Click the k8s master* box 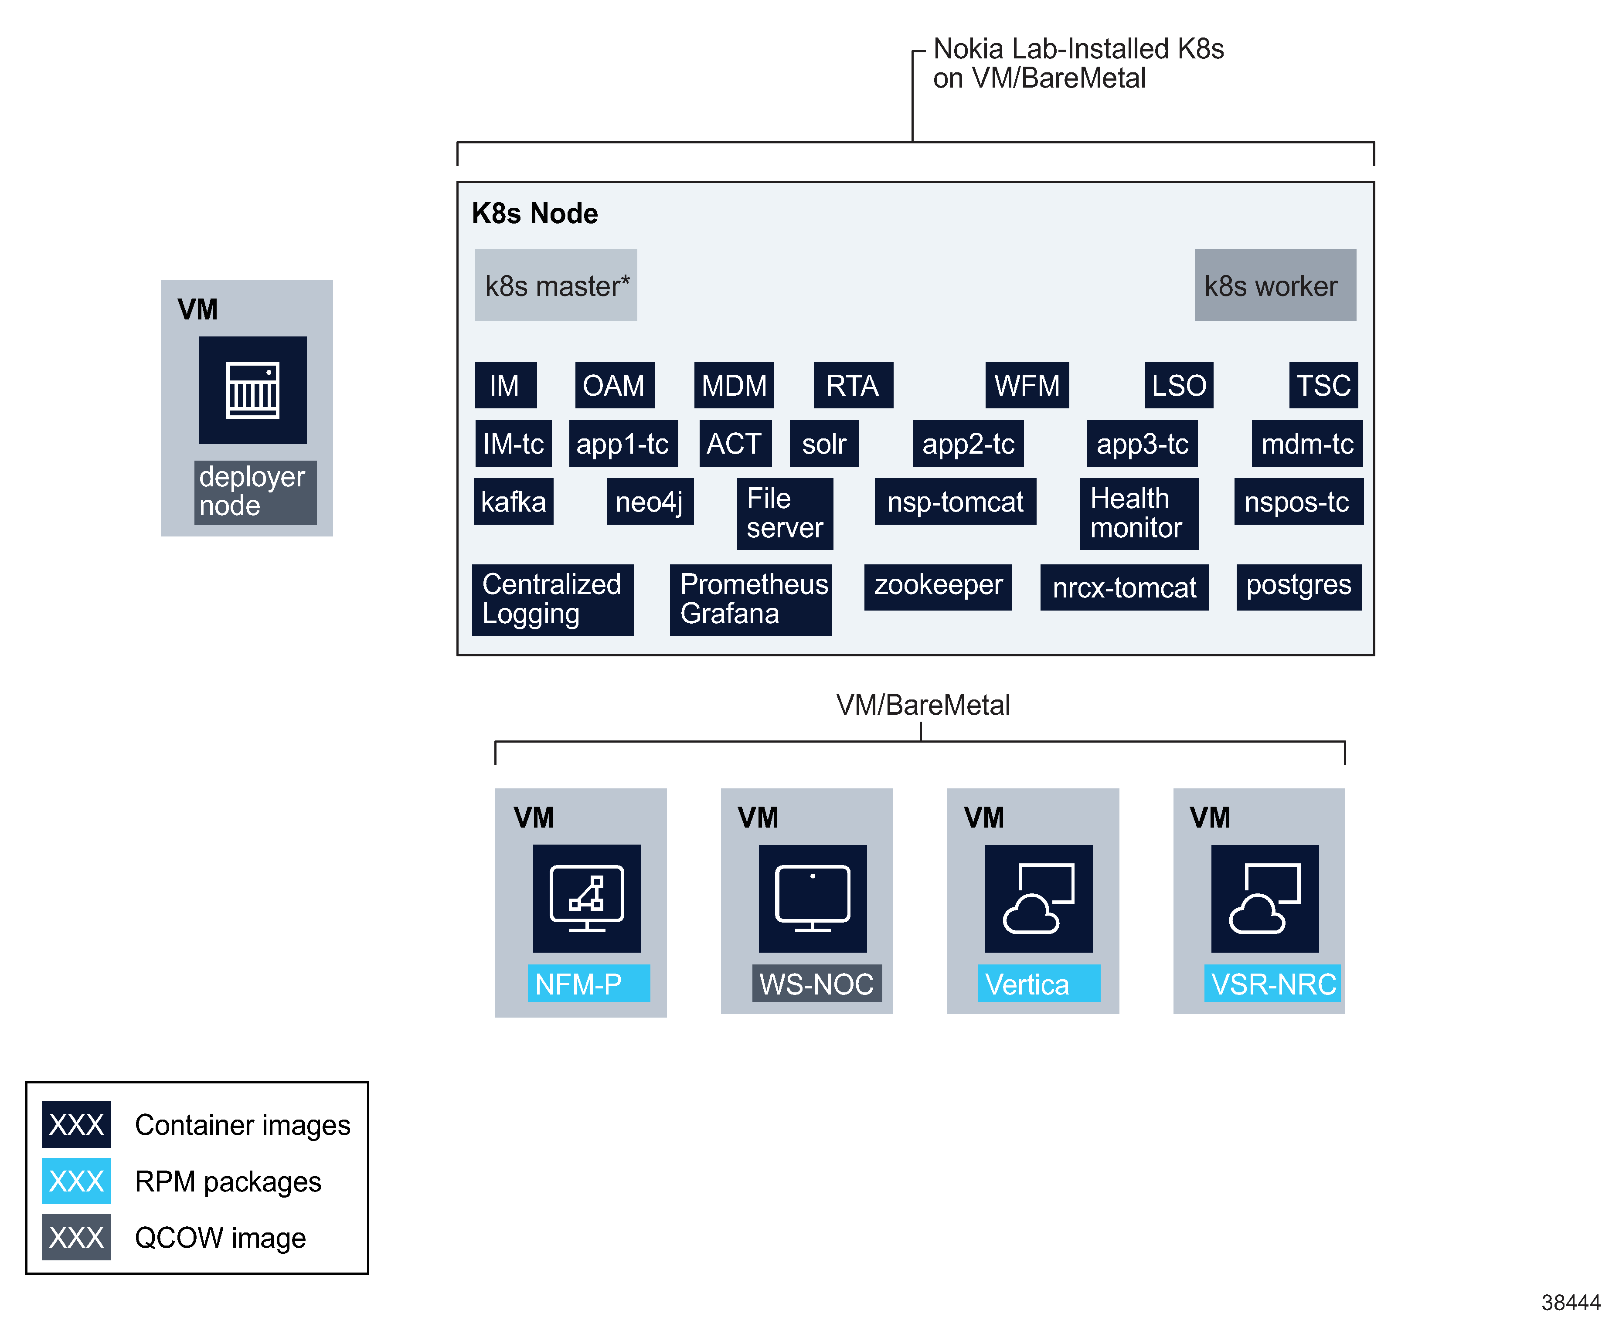click(555, 285)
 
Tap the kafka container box click(513, 502)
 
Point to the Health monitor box click(1138, 514)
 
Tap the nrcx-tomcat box click(1123, 588)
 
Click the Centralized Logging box click(552, 599)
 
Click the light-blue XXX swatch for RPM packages click(76, 1181)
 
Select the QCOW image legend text click(220, 1237)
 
